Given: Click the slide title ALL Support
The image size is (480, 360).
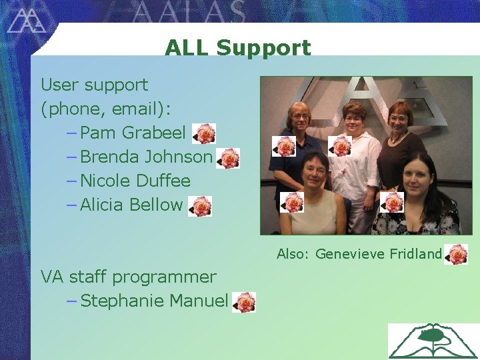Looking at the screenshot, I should (x=237, y=48).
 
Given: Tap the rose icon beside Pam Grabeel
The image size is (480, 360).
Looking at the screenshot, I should (x=205, y=134).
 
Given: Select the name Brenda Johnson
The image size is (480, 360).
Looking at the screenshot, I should (x=145, y=157).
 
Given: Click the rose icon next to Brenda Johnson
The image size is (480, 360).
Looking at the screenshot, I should (x=229, y=159).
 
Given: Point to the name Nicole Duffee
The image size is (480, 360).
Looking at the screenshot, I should (x=135, y=181).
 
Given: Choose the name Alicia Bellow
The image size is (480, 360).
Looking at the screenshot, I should (x=131, y=205).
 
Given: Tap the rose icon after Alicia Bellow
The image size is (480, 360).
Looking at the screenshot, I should (x=200, y=207).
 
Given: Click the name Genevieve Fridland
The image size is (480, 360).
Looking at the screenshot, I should (x=378, y=254).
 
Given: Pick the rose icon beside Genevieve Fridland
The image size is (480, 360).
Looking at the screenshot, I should (x=457, y=255).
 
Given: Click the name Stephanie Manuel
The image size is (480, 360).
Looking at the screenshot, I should (x=154, y=301).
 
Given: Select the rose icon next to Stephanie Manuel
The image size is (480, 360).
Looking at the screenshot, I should (x=245, y=303).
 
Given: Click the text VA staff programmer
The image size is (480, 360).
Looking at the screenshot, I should (x=129, y=277).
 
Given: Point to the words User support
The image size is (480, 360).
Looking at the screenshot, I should (x=95, y=85).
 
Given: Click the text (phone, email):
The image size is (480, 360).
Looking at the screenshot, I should (x=107, y=109).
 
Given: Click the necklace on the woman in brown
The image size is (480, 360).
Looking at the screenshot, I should (x=399, y=138).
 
